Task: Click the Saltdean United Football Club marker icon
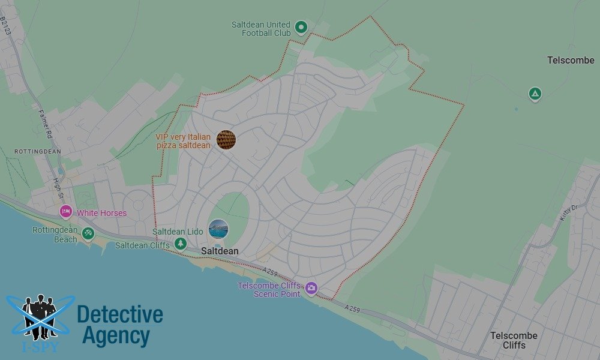tap(301, 27)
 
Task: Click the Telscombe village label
tap(571, 60)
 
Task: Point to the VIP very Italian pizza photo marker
tap(226, 140)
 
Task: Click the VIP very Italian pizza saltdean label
tap(183, 141)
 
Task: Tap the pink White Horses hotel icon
tap(66, 212)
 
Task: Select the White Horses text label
tap(101, 213)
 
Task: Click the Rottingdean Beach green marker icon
tap(88, 233)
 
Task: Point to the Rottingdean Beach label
tap(55, 235)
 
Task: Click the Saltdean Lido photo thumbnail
tap(218, 229)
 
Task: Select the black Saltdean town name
tap(220, 251)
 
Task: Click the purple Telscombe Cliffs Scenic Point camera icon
tap(311, 289)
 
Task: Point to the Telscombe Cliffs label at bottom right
tap(513, 340)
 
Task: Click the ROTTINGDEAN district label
tap(38, 152)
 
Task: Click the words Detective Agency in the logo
tap(119, 325)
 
